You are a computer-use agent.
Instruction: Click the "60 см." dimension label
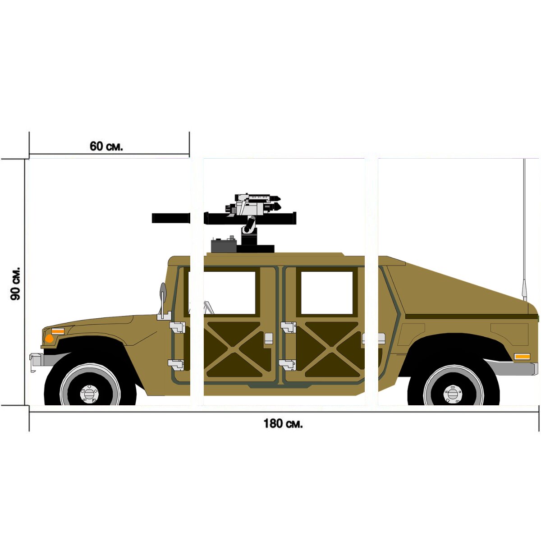[106, 146]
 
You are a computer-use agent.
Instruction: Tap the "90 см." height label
[15, 284]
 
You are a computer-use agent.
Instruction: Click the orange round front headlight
[49, 339]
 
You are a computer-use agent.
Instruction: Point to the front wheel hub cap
[89, 394]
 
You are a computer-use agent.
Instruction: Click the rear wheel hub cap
[453, 394]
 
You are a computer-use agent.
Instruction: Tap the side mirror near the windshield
[163, 292]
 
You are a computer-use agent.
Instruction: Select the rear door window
[327, 293]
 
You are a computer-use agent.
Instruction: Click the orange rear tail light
[522, 357]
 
